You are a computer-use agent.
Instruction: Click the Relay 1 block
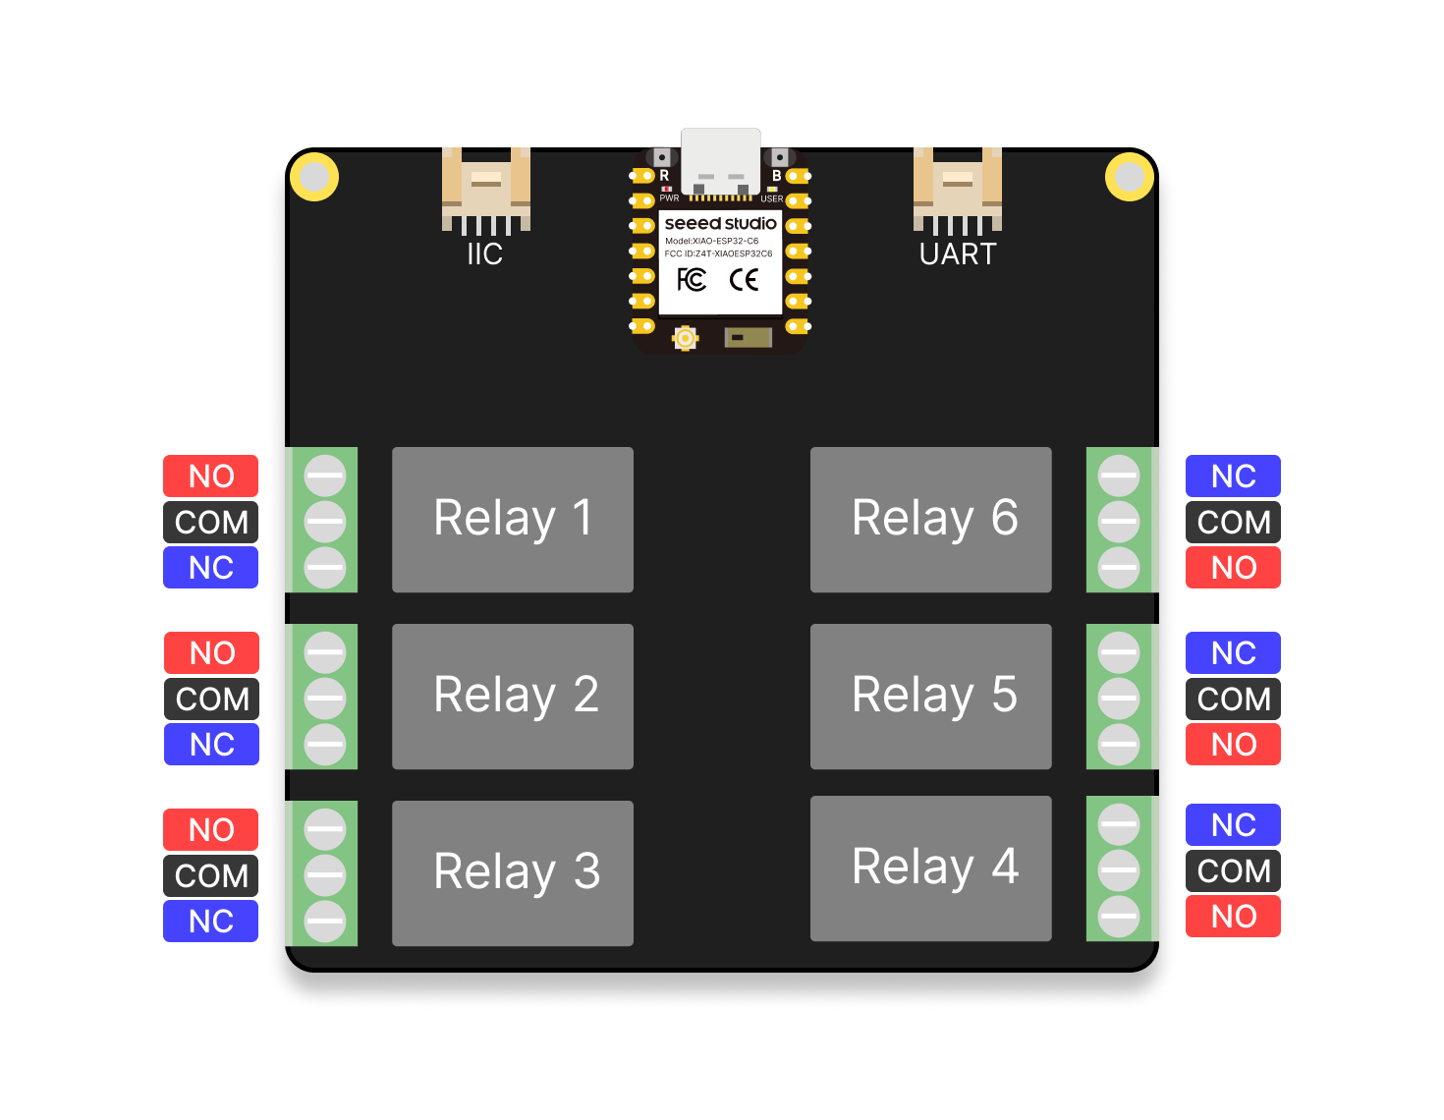[512, 519]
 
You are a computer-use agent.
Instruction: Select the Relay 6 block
[930, 519]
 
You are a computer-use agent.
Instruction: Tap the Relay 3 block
[512, 872]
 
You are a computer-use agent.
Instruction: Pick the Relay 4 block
[930, 868]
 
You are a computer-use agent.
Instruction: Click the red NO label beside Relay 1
[210, 476]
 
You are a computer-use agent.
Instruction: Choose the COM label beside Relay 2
[211, 699]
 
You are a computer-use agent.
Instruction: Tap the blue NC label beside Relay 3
[210, 922]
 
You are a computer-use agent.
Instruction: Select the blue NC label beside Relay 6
[1233, 476]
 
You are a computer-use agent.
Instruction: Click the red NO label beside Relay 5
[1233, 745]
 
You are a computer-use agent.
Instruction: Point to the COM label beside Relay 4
[1233, 870]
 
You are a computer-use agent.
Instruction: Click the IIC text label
[485, 254]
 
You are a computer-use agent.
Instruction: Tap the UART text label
[958, 254]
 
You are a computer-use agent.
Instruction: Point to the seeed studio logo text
[720, 224]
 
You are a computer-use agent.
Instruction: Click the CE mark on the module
[744, 280]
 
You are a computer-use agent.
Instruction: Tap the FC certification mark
[692, 280]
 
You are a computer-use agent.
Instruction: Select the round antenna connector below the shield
[685, 339]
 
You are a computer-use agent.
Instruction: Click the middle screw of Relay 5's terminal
[1118, 699]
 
